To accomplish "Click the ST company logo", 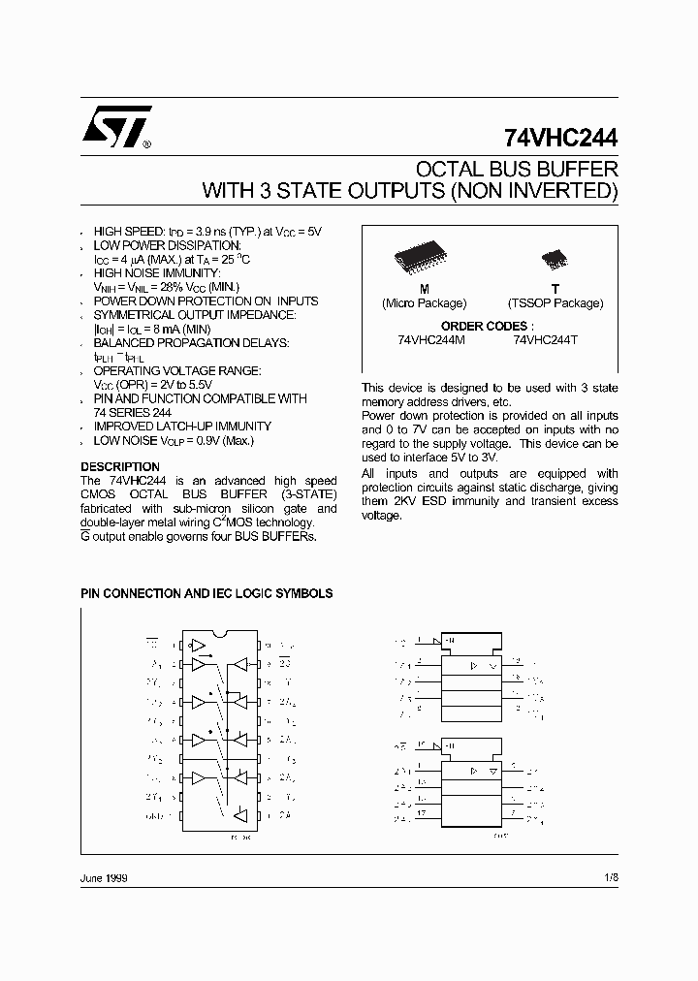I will (x=114, y=126).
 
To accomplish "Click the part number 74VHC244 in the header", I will (x=560, y=138).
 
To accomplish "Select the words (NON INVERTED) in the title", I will (x=534, y=190).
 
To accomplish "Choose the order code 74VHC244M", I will (x=431, y=340).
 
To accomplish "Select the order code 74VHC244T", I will (x=547, y=340).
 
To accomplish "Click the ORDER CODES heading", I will (x=487, y=327).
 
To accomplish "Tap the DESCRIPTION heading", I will (x=119, y=467).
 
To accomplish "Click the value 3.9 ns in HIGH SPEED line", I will (x=208, y=233).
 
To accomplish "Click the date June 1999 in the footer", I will (x=104, y=876).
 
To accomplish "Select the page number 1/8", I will (x=609, y=876).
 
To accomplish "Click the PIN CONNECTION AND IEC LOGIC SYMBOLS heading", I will (x=206, y=593).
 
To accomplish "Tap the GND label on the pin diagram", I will (x=155, y=815).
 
